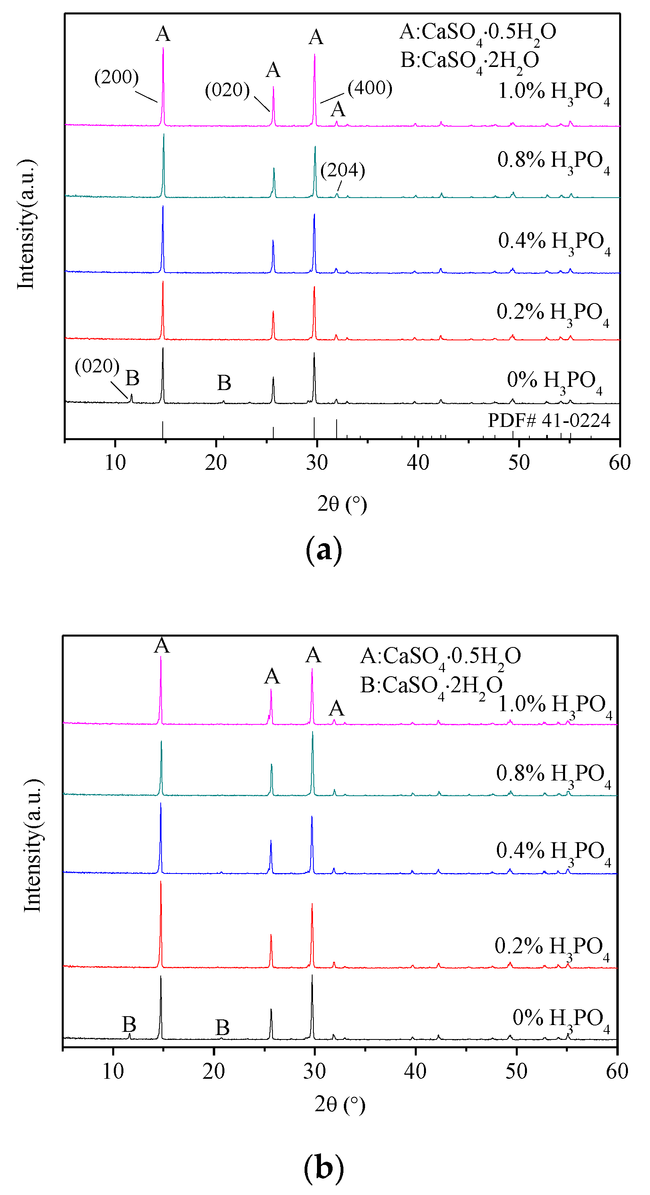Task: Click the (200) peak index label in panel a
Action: (x=116, y=77)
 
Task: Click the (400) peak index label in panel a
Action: (x=370, y=88)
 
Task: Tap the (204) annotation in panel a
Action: (x=343, y=170)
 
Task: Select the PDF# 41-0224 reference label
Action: (x=549, y=420)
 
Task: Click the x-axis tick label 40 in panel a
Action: (x=418, y=463)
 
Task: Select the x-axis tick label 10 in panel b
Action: (x=113, y=1071)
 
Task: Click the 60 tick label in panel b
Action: (x=617, y=1071)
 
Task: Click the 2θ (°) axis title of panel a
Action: (x=342, y=504)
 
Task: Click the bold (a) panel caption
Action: (x=324, y=550)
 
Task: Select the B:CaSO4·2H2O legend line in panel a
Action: (x=469, y=61)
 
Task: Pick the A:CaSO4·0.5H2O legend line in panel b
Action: (x=440, y=657)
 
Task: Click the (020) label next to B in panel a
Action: (x=97, y=366)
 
